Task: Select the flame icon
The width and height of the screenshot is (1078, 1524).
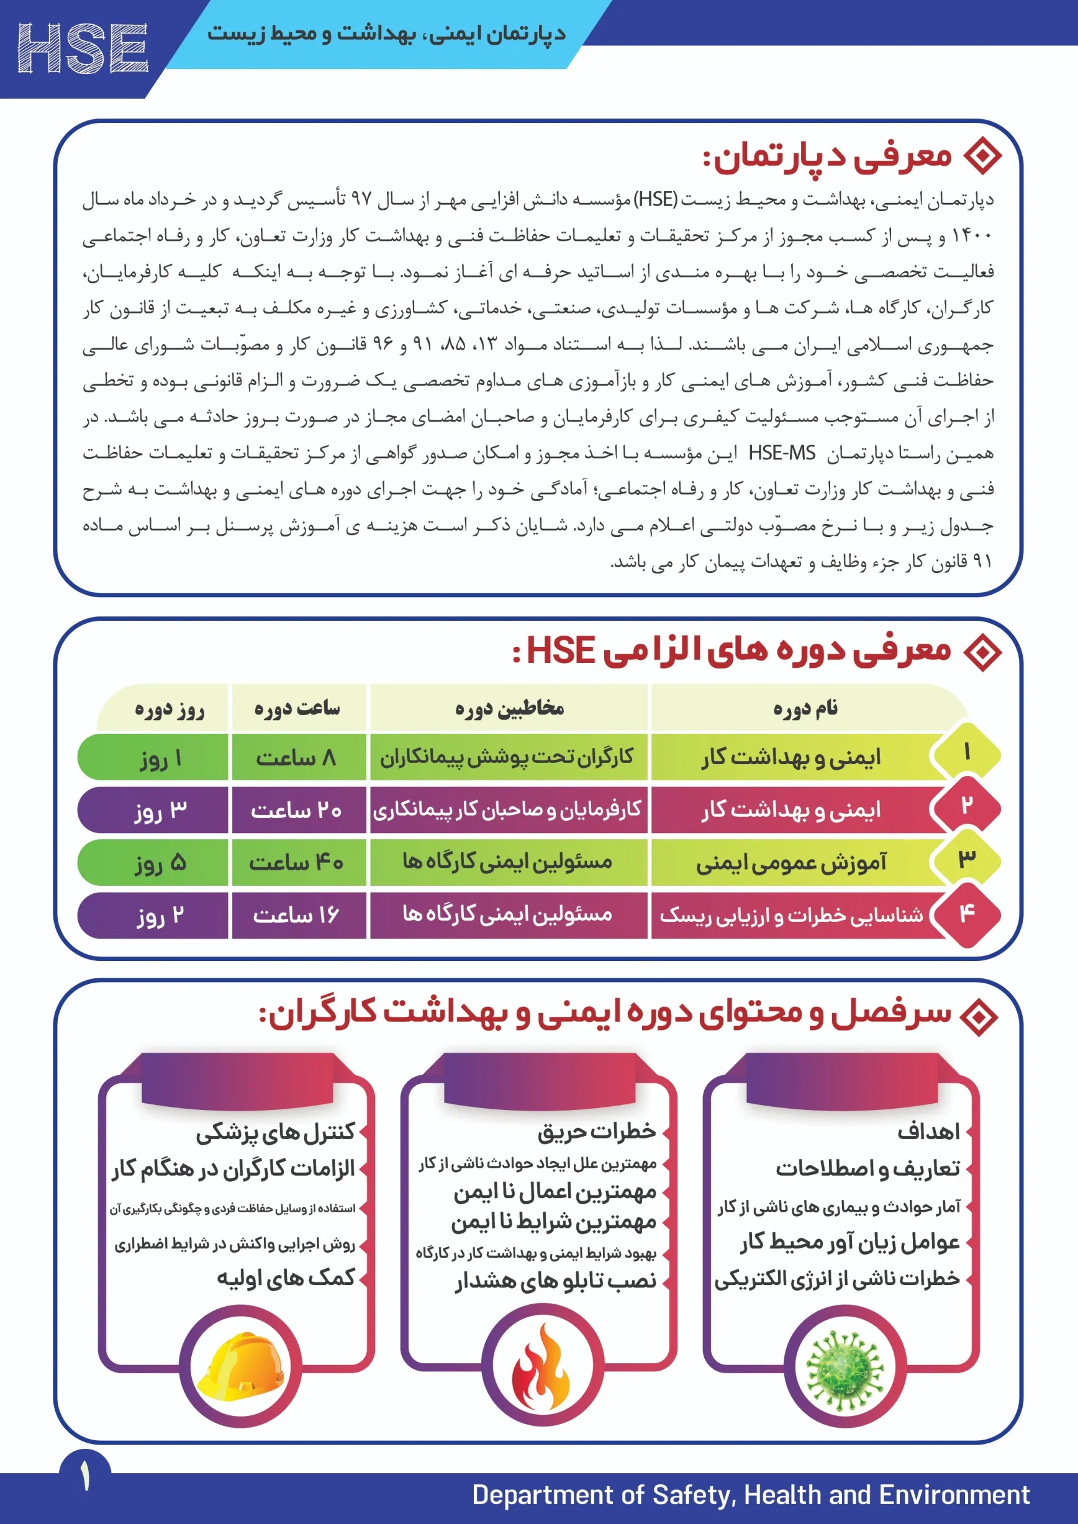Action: (541, 1368)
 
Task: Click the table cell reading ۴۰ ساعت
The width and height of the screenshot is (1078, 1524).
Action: (297, 862)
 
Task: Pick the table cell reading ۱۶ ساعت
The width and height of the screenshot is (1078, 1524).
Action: (297, 915)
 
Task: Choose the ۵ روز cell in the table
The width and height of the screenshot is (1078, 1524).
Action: (160, 862)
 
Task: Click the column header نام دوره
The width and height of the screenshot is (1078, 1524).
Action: (805, 708)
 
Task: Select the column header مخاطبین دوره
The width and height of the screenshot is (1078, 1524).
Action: (509, 708)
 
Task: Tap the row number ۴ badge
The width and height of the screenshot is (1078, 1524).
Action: (967, 914)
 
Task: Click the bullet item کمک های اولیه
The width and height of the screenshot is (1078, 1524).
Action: (286, 1278)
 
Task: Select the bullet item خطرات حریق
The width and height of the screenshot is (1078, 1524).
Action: (596, 1131)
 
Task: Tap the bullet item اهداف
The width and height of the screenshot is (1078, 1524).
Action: (928, 1131)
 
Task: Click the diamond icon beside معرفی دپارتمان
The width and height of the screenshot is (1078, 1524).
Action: (982, 155)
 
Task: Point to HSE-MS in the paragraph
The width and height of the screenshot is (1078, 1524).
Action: (781, 453)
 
